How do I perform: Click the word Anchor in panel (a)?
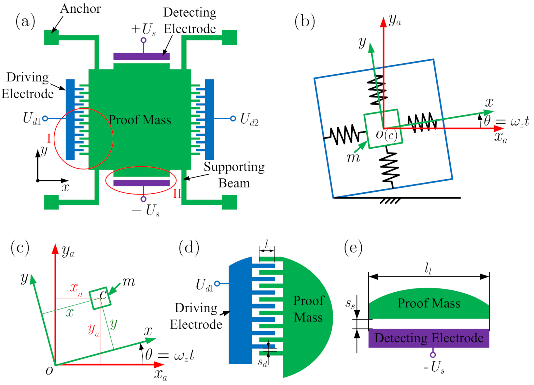point(80,9)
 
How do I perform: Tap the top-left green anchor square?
point(51,37)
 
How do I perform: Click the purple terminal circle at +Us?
point(143,40)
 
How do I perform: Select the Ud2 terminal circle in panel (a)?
point(233,118)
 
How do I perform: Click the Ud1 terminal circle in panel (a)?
point(45,118)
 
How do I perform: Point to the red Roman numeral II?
point(177,194)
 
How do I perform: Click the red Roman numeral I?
point(49,139)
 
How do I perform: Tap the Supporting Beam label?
point(234,175)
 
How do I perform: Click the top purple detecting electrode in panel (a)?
point(141,56)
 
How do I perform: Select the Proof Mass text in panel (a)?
point(140,120)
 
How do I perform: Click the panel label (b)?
point(304,22)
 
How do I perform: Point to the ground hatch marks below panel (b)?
point(390,201)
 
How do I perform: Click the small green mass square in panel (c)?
point(100,298)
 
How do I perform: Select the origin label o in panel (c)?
point(49,370)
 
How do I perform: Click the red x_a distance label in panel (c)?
point(76,288)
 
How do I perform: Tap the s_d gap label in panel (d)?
point(262,362)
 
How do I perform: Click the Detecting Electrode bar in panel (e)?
point(429,338)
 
